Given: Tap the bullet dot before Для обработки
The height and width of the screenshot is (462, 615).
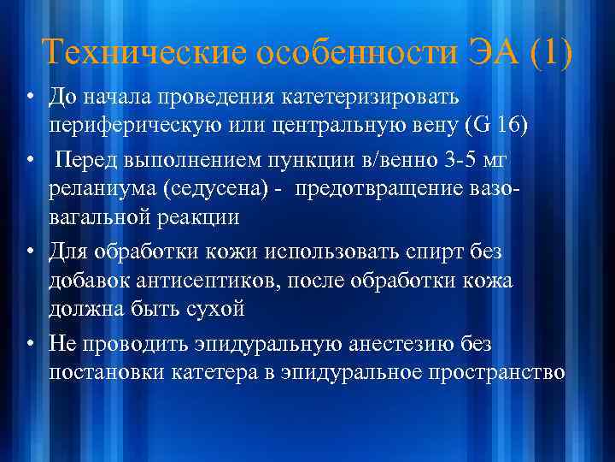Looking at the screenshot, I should tap(28, 252).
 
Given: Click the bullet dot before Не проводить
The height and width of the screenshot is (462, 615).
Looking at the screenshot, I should tap(28, 344).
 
